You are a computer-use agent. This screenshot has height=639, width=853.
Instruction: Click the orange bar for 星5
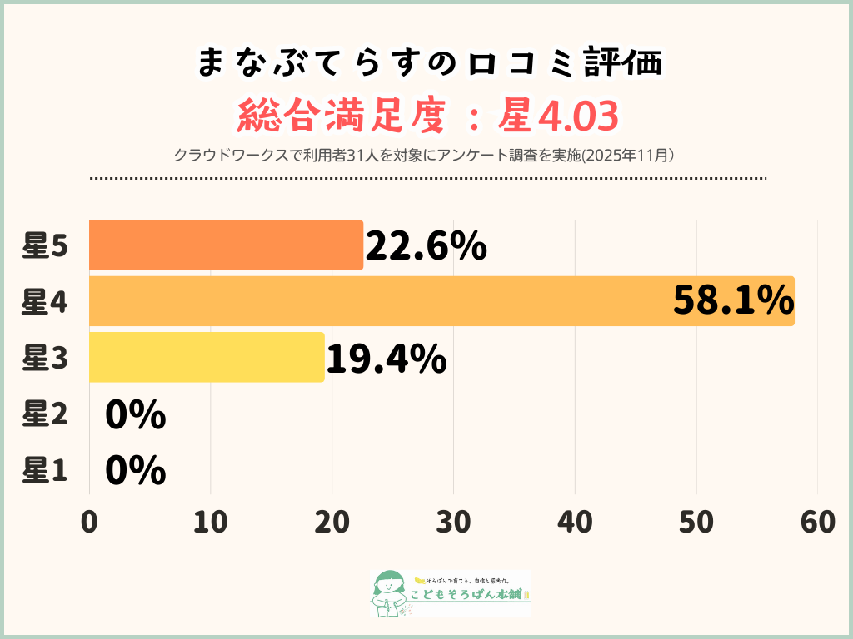(x=226, y=245)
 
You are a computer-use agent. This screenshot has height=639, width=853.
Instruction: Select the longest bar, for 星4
(x=441, y=301)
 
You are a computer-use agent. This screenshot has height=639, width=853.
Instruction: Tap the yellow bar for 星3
(x=207, y=357)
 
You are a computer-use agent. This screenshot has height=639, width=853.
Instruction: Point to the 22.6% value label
(x=426, y=246)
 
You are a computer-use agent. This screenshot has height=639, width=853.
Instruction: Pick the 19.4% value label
(x=386, y=359)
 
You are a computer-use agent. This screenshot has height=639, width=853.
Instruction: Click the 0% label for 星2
(x=136, y=415)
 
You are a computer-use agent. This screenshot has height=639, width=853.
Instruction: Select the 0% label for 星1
(x=136, y=471)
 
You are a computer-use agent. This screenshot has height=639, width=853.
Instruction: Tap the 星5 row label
(x=44, y=246)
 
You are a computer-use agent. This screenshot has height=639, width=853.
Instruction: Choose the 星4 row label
(x=44, y=302)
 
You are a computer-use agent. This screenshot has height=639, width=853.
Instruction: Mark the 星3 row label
(x=44, y=358)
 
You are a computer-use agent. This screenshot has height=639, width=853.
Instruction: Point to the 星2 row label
(x=44, y=414)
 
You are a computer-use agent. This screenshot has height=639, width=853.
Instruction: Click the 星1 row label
(x=44, y=471)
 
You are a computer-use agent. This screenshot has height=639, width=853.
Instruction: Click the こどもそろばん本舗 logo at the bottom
(x=450, y=593)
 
